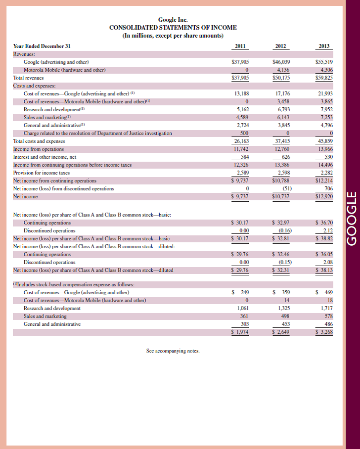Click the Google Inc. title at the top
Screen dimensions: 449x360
(x=173, y=20)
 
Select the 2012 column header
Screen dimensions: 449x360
(x=280, y=46)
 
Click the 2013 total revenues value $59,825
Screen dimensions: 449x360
(x=324, y=78)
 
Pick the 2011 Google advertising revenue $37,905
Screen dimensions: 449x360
(x=240, y=62)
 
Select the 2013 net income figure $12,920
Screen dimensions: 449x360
(x=324, y=197)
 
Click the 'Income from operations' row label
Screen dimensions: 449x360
(x=38, y=149)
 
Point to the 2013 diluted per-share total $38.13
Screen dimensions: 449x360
(x=324, y=270)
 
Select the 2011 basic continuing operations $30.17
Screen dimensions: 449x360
(x=240, y=223)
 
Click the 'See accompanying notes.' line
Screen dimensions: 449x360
(x=173, y=351)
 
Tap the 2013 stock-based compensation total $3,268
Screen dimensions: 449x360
(x=324, y=332)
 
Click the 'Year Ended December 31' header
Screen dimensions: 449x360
(x=42, y=46)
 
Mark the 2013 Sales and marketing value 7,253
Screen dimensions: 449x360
(x=326, y=117)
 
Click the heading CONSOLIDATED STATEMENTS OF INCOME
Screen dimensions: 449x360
(x=173, y=28)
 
